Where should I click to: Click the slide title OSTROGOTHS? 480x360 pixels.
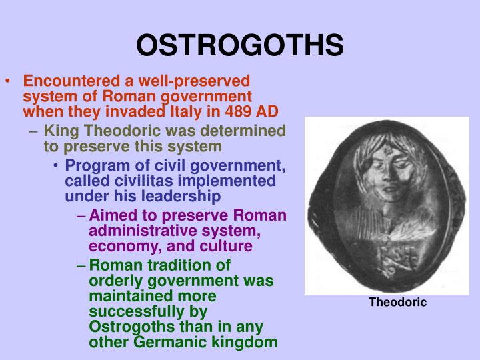click(240, 45)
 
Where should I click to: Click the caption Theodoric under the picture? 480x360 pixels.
click(398, 303)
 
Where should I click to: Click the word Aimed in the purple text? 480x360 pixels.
click(111, 216)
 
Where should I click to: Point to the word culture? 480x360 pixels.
click(229, 246)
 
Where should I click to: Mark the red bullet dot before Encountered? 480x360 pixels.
click(8, 82)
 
